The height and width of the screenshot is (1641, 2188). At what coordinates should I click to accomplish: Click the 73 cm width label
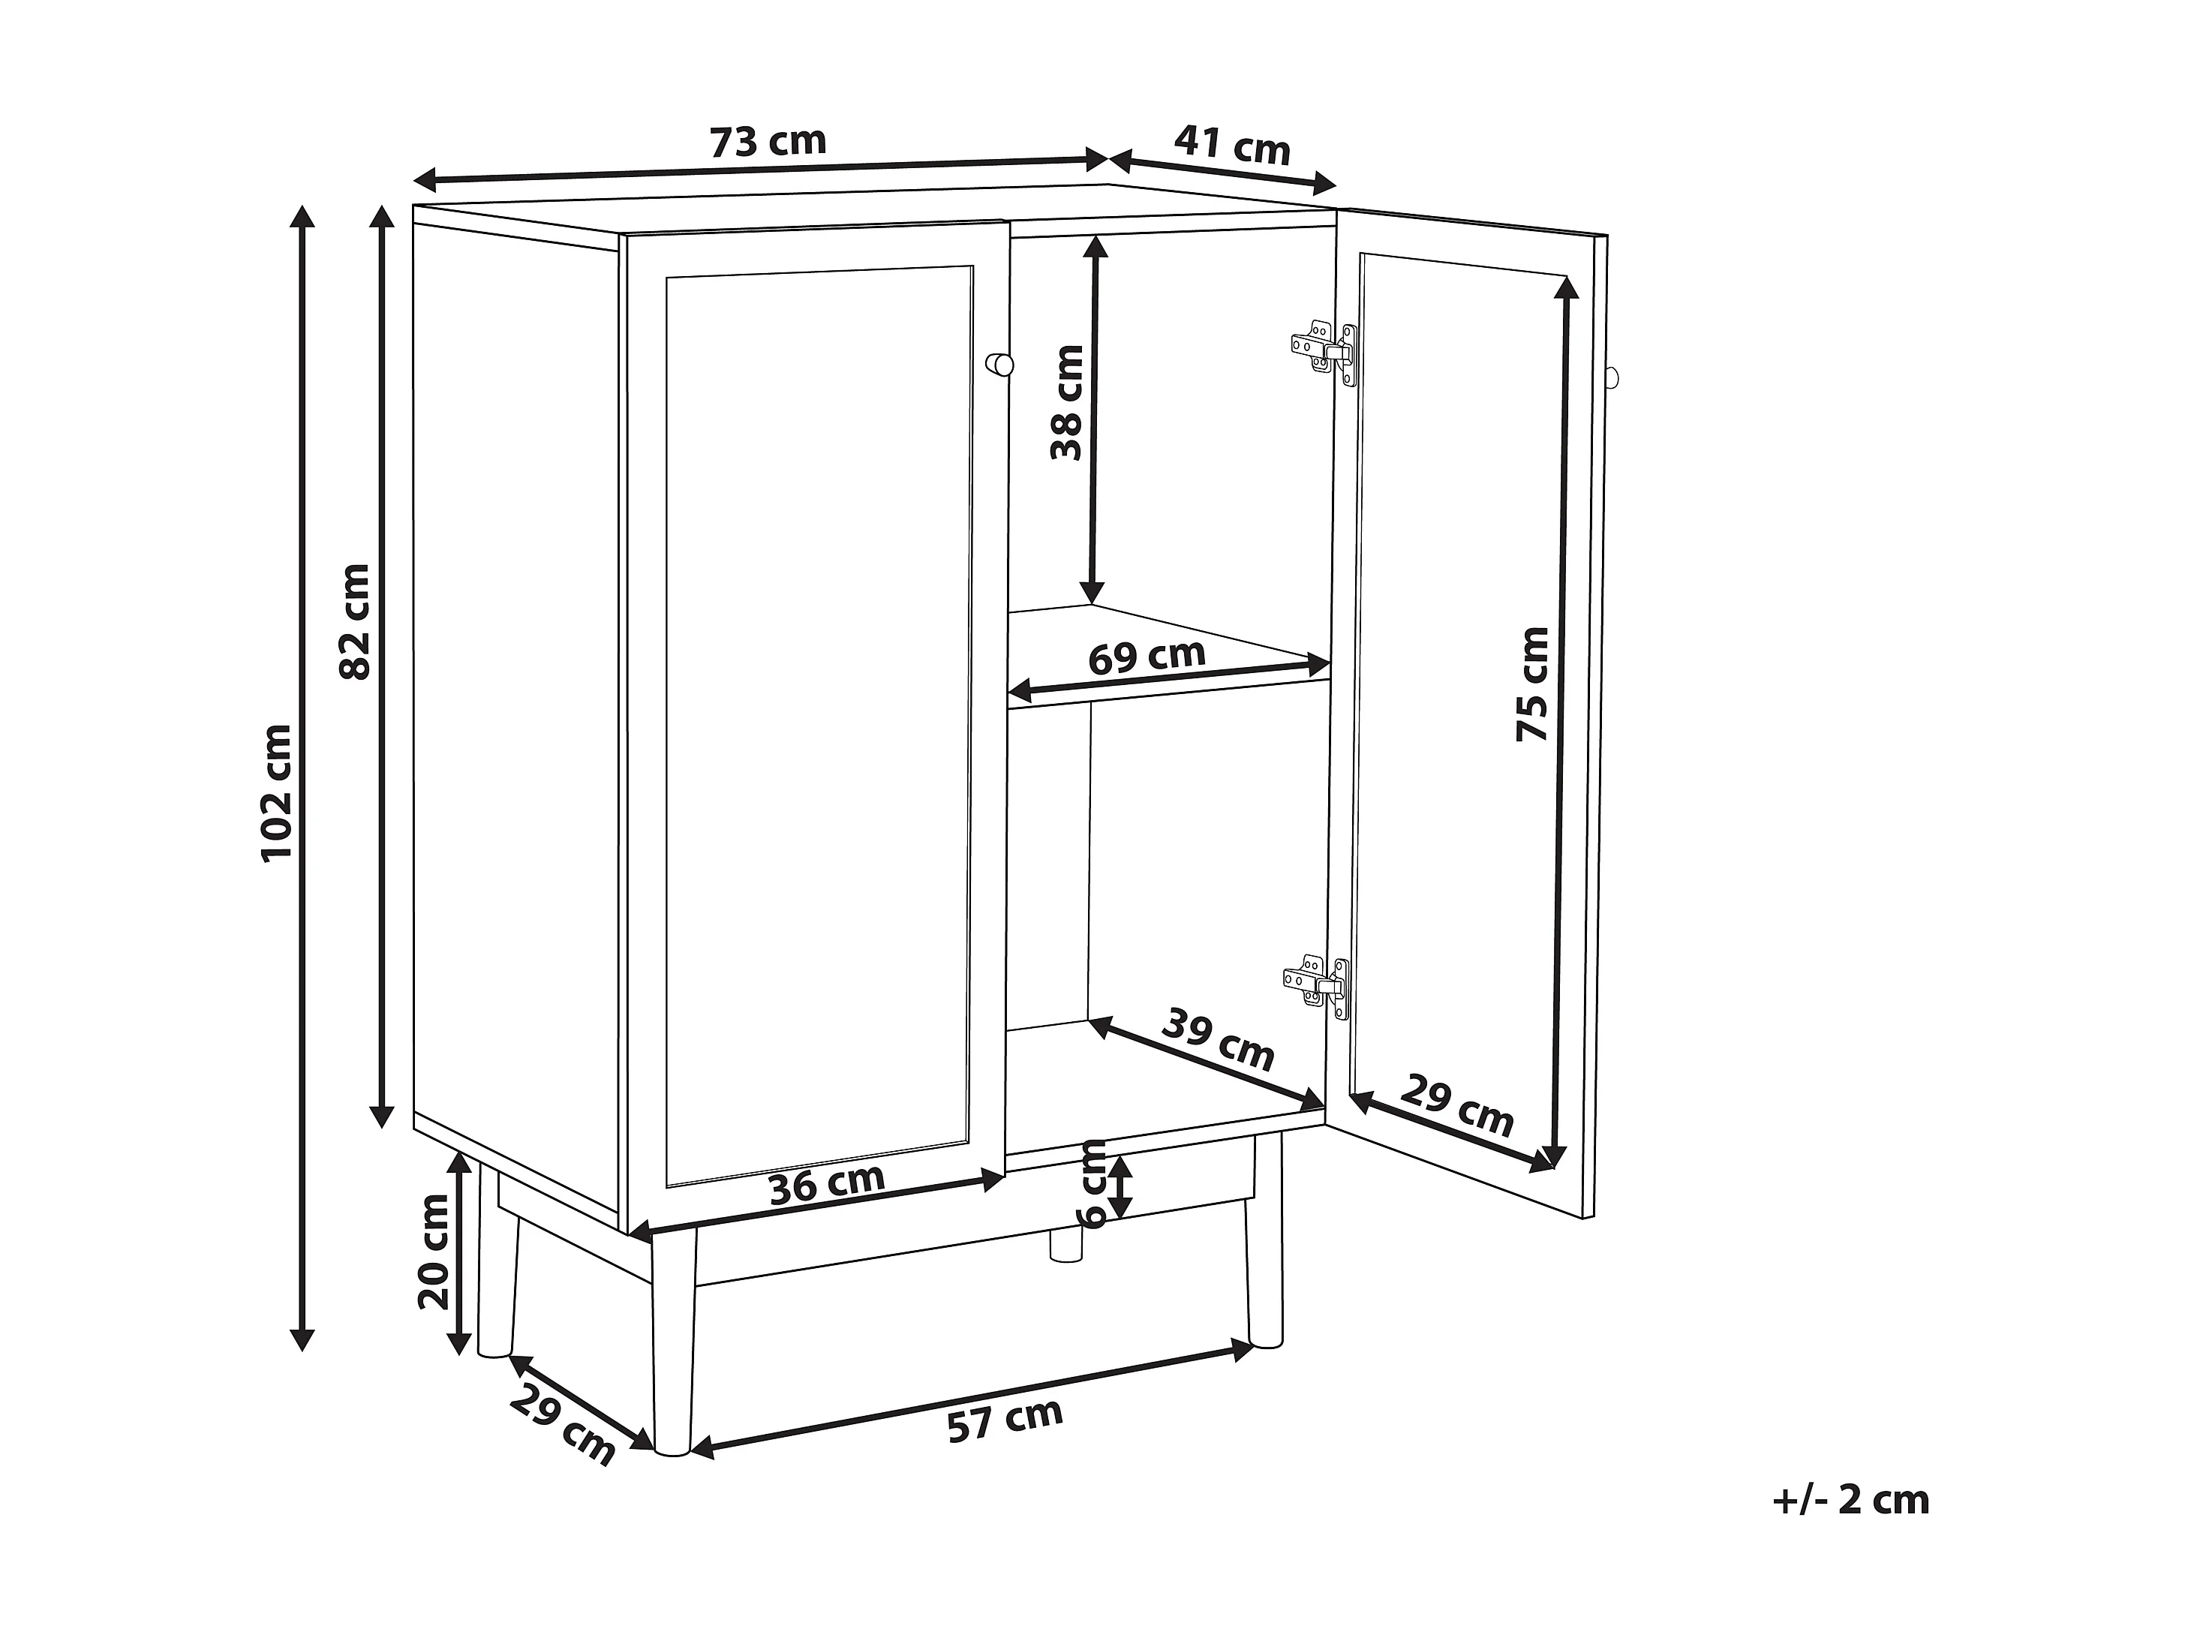coord(768,142)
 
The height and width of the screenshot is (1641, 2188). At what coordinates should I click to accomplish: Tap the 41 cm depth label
coord(1233,146)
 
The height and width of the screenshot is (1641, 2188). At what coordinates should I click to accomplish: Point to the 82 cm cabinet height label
coord(354,621)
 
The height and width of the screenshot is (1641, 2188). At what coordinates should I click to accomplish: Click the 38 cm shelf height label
coord(1067,403)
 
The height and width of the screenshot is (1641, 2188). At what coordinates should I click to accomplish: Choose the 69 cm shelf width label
coord(1147,656)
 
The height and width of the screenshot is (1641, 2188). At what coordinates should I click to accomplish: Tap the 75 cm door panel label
coord(1532,684)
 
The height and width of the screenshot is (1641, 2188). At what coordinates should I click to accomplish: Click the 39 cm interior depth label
coord(1218,1038)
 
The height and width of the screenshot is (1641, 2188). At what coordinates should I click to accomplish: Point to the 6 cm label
coord(1094,1183)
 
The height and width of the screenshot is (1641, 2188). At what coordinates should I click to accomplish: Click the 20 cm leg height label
coord(432,1252)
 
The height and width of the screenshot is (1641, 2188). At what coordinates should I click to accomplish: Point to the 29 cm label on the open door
coord(1457,1106)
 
